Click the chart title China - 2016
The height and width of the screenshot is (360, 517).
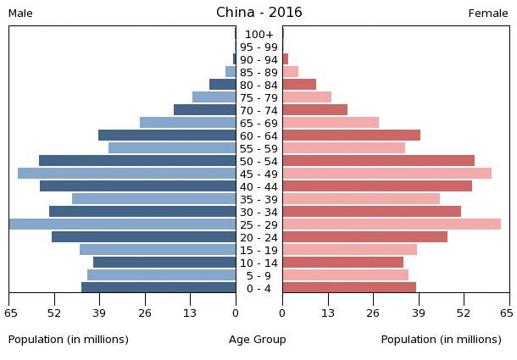258,13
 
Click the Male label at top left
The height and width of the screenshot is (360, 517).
20,14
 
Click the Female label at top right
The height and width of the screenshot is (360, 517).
488,14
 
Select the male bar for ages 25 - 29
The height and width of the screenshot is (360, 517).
122,224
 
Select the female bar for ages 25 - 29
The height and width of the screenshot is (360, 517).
392,224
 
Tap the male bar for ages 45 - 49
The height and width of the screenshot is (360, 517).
126,174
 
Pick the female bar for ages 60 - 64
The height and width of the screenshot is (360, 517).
351,136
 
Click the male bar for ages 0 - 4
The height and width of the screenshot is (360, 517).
158,288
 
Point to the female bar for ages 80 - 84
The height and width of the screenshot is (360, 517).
299,85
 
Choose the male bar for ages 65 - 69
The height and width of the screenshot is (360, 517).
187,123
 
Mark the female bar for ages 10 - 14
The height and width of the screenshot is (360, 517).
342,263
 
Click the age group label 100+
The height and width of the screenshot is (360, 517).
258,35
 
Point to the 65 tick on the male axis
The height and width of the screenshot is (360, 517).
10,313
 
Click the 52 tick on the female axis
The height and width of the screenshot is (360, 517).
463,313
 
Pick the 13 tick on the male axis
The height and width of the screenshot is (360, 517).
190,313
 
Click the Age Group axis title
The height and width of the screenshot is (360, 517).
258,340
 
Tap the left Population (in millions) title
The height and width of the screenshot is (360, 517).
69,340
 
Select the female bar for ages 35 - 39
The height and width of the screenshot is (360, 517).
361,199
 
